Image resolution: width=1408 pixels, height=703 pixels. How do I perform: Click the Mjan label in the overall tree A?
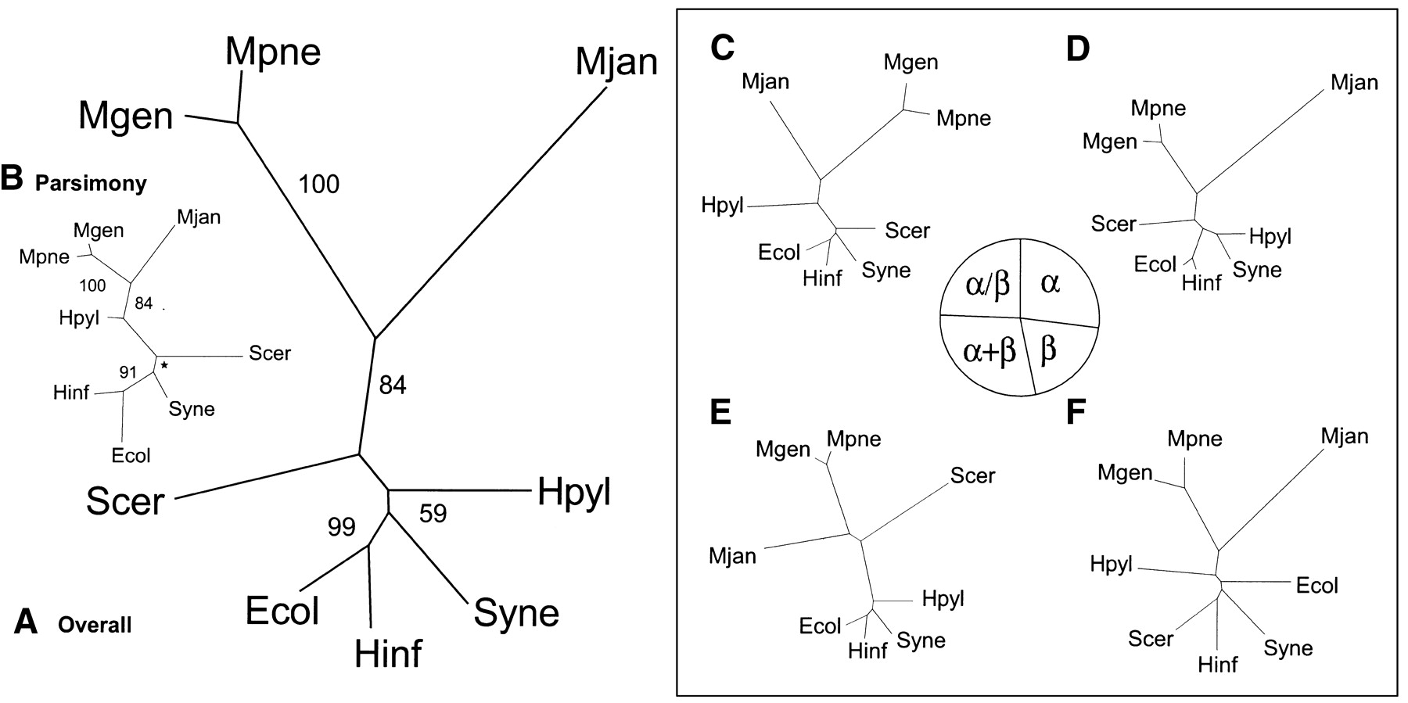tap(616, 62)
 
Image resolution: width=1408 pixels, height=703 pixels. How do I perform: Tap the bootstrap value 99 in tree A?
tap(341, 527)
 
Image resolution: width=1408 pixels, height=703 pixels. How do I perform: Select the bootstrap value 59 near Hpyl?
tap(433, 513)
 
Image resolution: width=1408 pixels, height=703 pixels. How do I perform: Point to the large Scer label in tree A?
tap(125, 501)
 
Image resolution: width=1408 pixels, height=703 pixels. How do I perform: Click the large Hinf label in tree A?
tap(388, 654)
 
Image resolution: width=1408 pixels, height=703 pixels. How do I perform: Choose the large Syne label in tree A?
tap(516, 613)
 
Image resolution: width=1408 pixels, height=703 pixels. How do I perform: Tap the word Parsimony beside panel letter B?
tap(91, 183)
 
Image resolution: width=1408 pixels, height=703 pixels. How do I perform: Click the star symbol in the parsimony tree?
tap(164, 365)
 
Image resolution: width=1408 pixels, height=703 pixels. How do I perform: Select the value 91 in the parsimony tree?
tap(128, 373)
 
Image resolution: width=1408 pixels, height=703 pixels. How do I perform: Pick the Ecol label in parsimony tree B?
tap(131, 455)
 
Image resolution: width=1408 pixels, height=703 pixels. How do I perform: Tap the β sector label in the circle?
tap(1048, 350)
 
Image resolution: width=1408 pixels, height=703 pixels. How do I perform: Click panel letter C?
tap(722, 48)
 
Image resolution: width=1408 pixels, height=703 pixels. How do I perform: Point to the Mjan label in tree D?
tap(1354, 82)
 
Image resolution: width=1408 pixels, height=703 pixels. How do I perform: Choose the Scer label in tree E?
tap(972, 475)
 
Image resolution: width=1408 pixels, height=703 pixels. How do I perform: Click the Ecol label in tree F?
tap(1316, 585)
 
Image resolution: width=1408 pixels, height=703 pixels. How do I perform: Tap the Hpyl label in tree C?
tap(722, 206)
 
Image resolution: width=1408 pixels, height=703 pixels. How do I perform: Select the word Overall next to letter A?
tap(95, 625)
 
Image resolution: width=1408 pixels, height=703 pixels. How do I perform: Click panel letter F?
tap(1076, 412)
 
